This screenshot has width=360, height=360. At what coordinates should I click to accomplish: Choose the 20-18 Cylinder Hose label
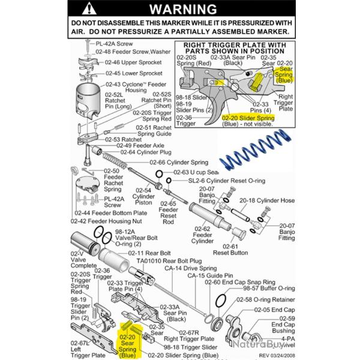pos(267,200)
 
